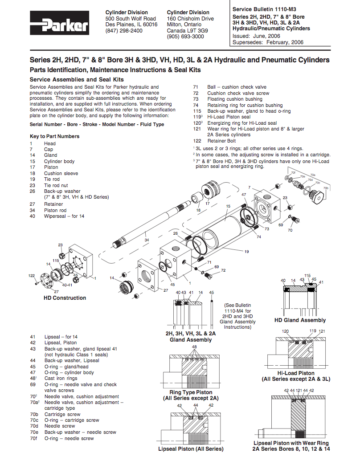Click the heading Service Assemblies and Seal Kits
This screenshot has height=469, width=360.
[x=76, y=79]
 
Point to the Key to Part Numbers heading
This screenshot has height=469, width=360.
[x=54, y=136]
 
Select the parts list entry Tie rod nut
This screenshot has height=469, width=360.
[x=56, y=185]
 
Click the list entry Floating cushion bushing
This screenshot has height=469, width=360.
[x=234, y=99]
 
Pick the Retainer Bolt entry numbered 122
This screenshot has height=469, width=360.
[x=221, y=141]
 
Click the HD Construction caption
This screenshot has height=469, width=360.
[x=65, y=298]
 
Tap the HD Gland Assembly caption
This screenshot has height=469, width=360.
[x=300, y=320]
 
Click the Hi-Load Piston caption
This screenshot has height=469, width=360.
[x=296, y=373]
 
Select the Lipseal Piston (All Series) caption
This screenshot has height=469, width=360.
[x=191, y=449]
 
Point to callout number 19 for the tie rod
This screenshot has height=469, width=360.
[x=246, y=252]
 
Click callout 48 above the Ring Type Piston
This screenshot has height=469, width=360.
[x=194, y=347]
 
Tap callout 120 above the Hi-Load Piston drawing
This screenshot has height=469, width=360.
[x=285, y=331]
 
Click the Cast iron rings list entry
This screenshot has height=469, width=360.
[x=61, y=379]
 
